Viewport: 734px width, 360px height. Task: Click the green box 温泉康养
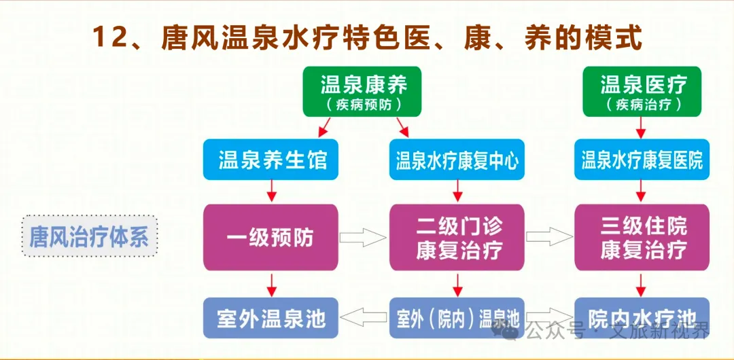[x=364, y=91]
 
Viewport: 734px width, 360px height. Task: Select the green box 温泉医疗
[x=642, y=91]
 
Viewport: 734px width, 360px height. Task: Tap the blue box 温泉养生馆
[x=272, y=160]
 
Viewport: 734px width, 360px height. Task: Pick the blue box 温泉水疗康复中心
[x=457, y=160]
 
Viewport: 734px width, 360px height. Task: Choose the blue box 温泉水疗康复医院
[x=642, y=160]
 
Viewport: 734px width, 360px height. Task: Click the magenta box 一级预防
[x=270, y=237]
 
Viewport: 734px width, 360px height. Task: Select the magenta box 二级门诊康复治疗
[x=457, y=237]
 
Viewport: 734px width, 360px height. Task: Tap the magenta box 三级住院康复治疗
[x=642, y=237]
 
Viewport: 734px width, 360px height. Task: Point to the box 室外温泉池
[x=270, y=318]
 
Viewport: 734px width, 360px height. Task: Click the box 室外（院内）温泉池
[x=457, y=318]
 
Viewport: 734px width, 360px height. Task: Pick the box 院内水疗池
[x=642, y=318]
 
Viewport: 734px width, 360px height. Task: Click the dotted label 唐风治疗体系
[x=88, y=236]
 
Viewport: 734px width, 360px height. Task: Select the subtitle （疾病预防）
[x=364, y=105]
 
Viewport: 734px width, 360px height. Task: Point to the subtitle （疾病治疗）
[x=642, y=105]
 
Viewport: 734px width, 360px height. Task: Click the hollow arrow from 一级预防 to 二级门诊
[x=363, y=237]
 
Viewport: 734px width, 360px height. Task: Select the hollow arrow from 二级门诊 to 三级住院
[x=549, y=237]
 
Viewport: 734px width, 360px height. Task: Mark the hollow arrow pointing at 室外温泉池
[x=363, y=317]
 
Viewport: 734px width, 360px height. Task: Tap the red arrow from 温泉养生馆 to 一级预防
[x=271, y=192]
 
